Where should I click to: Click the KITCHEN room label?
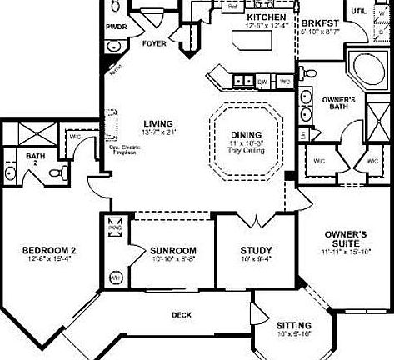(x=267, y=17)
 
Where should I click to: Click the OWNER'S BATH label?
(x=339, y=104)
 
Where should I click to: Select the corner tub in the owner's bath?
(x=363, y=72)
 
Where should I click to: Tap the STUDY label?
(x=252, y=250)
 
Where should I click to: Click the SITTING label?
(x=293, y=325)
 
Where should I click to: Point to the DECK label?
(x=182, y=315)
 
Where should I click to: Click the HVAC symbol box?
(x=114, y=227)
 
